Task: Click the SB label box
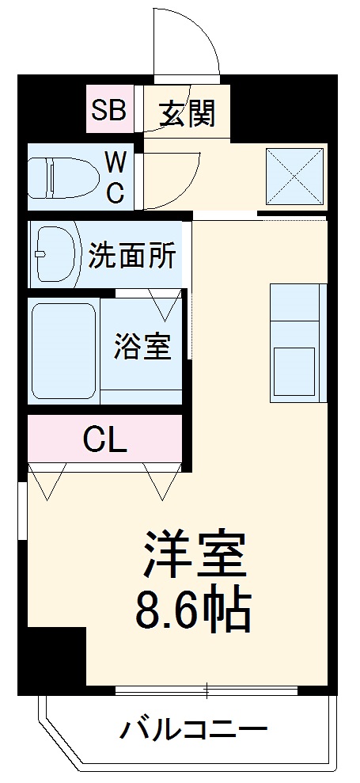click(108, 110)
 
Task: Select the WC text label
click(116, 178)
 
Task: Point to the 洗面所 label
click(131, 256)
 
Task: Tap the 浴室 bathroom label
click(142, 346)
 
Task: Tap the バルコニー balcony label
click(193, 729)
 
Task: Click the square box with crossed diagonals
click(294, 176)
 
